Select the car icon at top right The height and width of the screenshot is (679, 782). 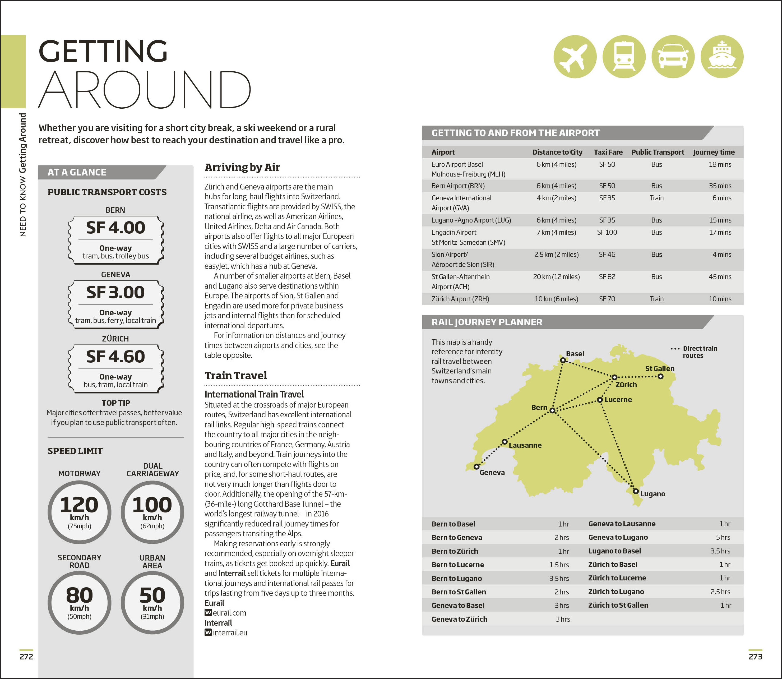coord(673,57)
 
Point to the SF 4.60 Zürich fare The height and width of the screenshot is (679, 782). coord(115,357)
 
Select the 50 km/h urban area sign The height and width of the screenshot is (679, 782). coord(152,602)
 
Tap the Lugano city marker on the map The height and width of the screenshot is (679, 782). coord(636,491)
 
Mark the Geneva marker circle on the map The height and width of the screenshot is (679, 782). coord(476,466)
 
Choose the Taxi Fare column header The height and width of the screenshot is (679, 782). coord(608,152)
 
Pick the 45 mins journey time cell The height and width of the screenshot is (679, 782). coord(720,277)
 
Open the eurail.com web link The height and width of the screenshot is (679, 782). coord(229,613)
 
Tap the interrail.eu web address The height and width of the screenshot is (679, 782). coord(230,632)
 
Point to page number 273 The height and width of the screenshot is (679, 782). coord(755,656)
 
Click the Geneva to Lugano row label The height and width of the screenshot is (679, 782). coord(618,537)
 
